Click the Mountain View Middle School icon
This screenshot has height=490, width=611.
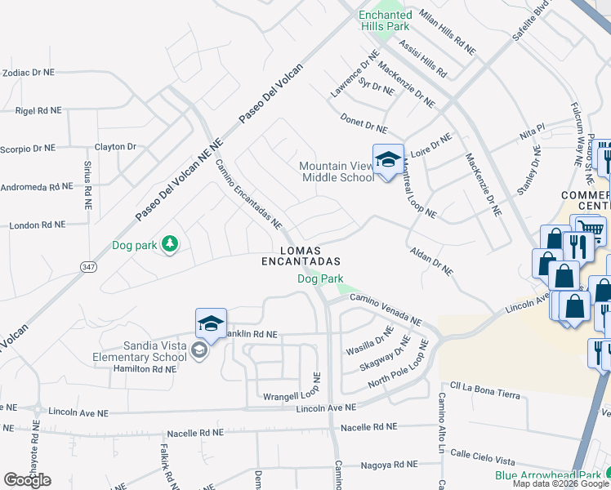tap(388, 158)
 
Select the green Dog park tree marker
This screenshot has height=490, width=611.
tap(170, 243)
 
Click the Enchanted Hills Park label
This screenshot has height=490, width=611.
tap(386, 20)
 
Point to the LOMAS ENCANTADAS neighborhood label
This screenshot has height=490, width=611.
tap(299, 256)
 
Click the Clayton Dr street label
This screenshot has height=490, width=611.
tap(115, 147)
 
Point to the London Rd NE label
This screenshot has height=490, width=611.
tap(37, 224)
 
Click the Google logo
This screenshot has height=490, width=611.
tap(27, 479)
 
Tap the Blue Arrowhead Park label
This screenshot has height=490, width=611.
tap(547, 474)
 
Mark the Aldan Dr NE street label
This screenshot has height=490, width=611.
tap(430, 261)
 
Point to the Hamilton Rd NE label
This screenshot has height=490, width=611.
tap(144, 369)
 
